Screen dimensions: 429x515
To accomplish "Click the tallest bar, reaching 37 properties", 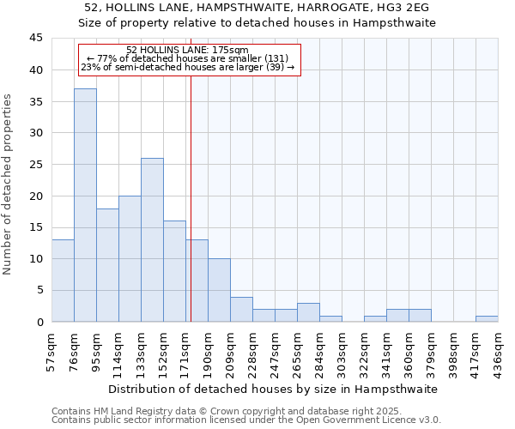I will click(x=85, y=205).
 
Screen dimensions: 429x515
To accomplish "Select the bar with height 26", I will click(x=152, y=239).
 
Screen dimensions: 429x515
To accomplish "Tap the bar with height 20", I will click(x=130, y=258).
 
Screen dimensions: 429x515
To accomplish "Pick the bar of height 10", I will click(x=219, y=290).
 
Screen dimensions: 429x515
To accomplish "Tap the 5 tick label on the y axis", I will click(x=39, y=291).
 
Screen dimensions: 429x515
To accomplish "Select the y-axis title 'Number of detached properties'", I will click(x=9, y=184).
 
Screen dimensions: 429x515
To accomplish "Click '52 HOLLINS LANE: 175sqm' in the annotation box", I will click(x=187, y=50).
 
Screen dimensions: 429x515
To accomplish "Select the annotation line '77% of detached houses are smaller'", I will click(x=187, y=58).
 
